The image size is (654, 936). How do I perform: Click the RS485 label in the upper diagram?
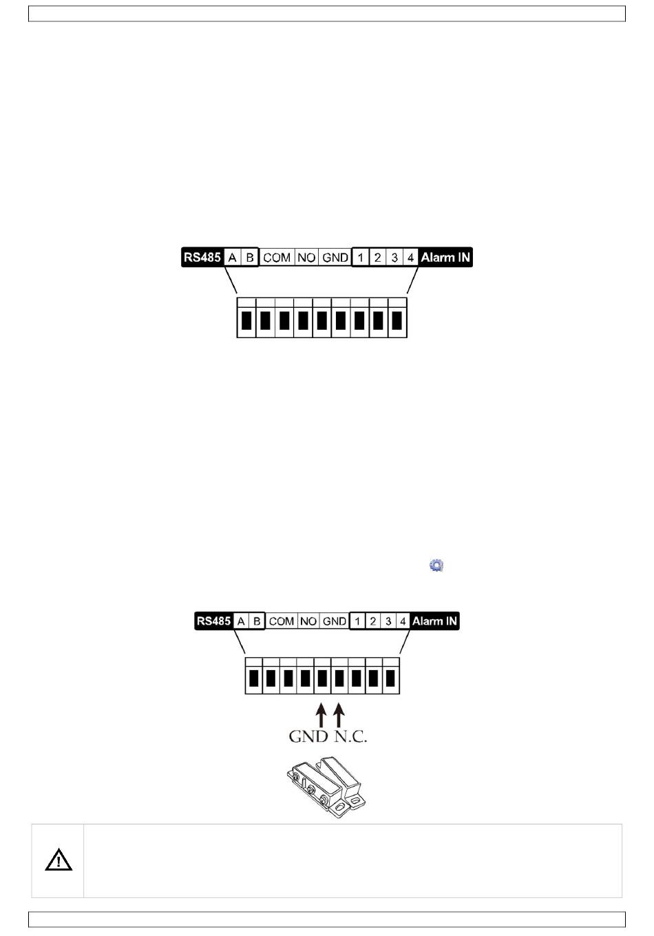202,258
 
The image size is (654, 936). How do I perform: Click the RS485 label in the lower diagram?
213,621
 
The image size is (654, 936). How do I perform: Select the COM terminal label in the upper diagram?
277,258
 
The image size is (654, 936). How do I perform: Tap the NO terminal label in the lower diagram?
308,621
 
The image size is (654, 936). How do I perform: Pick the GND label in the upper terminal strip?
335,258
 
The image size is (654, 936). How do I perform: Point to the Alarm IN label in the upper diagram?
445,258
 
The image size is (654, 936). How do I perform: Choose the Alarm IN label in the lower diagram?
434,621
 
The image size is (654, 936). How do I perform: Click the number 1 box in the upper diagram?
360,258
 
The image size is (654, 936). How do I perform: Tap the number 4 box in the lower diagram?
403,621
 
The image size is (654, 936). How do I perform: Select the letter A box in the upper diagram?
233,258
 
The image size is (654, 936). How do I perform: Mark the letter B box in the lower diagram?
256,621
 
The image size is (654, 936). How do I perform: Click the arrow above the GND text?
320,714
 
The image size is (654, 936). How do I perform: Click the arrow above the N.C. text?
338,714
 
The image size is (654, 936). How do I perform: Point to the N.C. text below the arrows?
351,736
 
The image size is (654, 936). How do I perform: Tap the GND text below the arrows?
308,736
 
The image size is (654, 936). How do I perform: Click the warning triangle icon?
59,860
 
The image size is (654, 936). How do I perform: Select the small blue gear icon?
436,565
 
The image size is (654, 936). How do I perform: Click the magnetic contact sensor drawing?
326,786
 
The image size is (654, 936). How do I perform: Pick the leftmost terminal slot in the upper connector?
246,321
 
